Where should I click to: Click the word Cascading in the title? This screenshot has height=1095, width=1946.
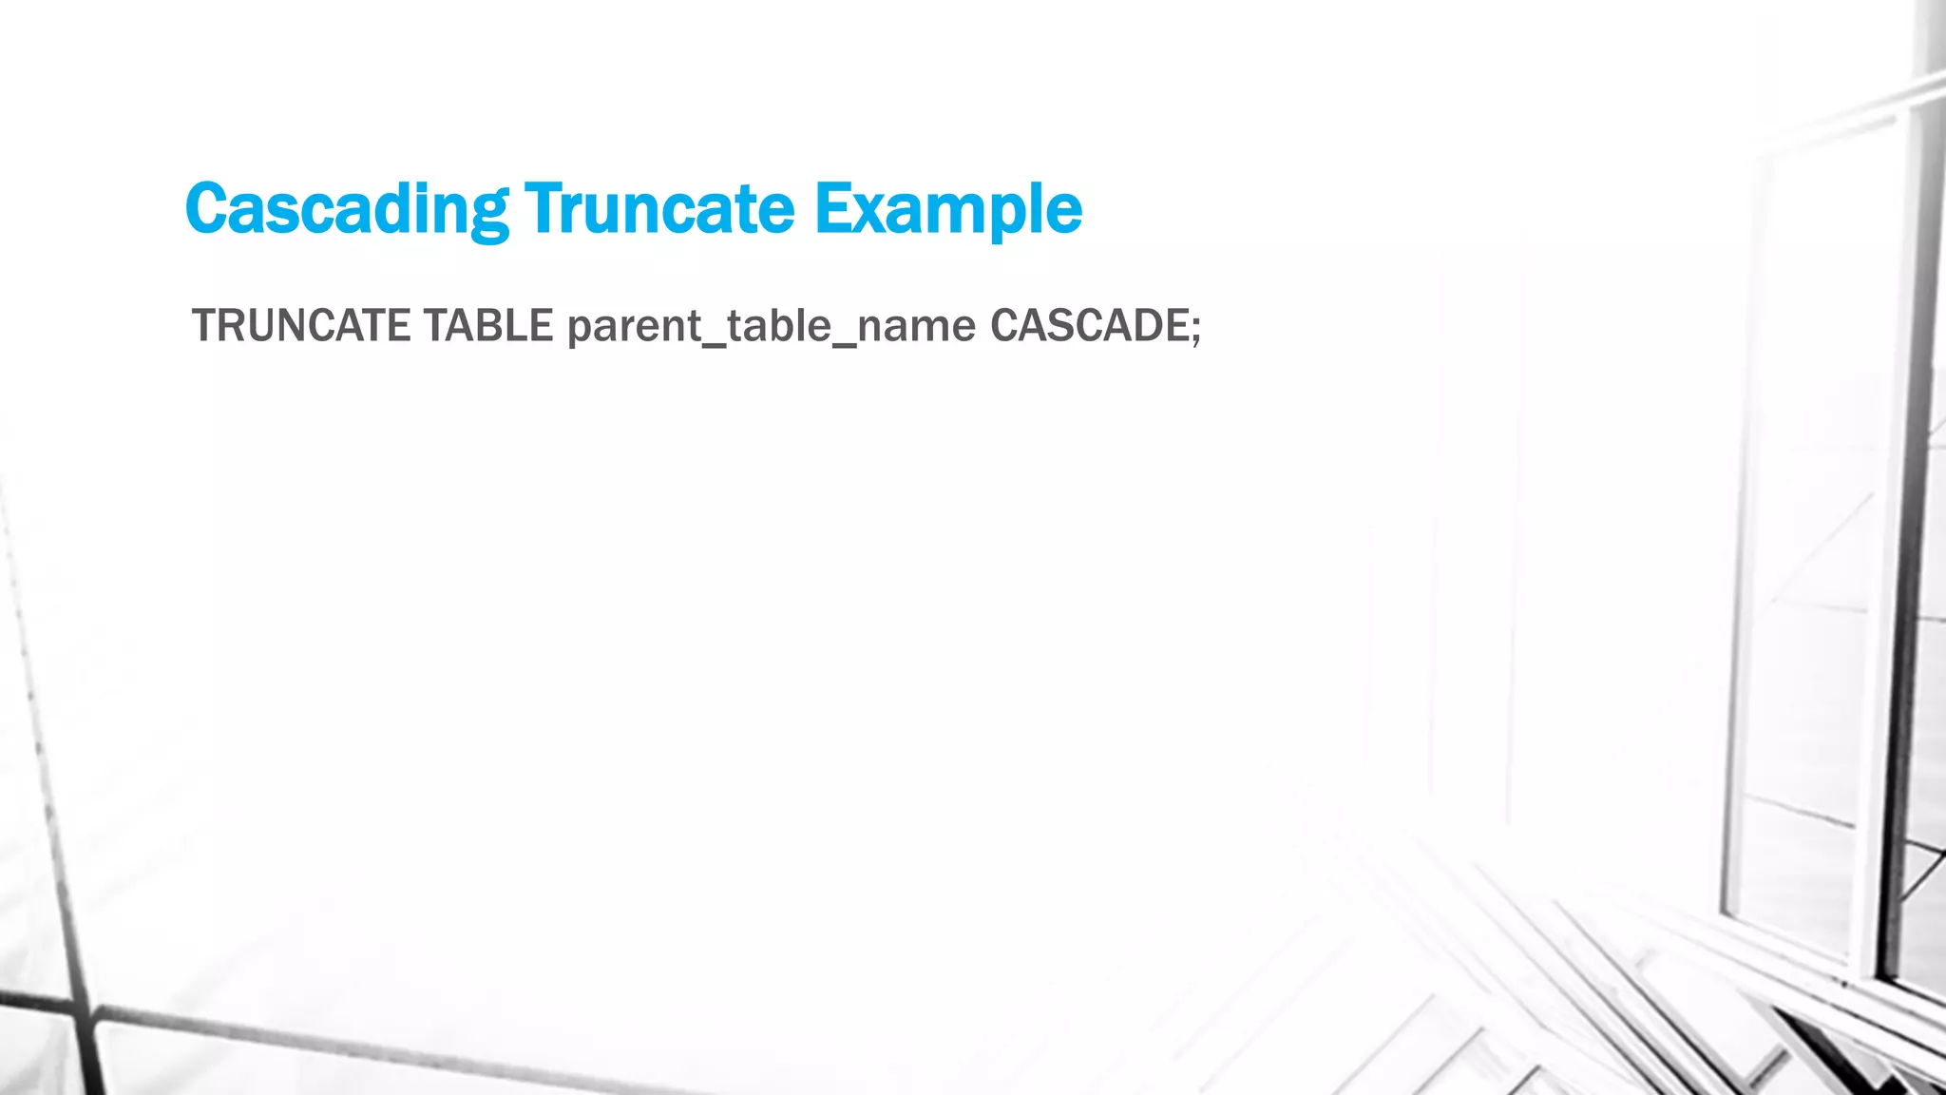tap(347, 208)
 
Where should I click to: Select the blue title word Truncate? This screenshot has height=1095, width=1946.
tap(658, 208)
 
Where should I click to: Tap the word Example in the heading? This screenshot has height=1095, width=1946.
tap(947, 208)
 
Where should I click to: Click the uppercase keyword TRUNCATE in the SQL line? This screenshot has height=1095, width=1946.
tap(301, 326)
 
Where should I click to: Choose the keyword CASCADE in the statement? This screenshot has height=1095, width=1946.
tap(1087, 326)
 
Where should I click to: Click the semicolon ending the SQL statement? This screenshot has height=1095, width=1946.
tap(1195, 329)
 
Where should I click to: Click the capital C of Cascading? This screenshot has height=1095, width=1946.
tap(209, 208)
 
